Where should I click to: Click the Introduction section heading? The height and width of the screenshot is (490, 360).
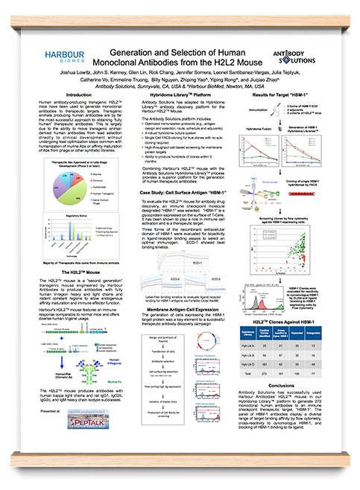click(x=83, y=95)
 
